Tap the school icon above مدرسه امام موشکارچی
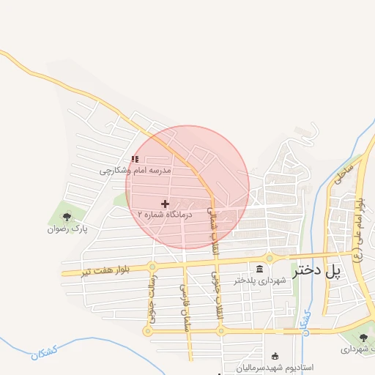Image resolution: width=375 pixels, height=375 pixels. click(x=134, y=159)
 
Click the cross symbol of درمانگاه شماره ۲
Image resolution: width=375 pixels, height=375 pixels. click(x=165, y=204)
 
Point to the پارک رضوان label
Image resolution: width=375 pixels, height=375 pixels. click(x=67, y=229)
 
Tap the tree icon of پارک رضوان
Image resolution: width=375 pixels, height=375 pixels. click(x=67, y=217)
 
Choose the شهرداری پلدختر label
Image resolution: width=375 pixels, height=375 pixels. click(x=258, y=280)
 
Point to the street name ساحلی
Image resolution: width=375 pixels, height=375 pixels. click(x=344, y=172)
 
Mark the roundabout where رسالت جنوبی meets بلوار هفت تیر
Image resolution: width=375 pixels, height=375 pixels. click(x=152, y=267)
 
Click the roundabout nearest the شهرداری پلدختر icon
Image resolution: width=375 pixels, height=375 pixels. click(x=270, y=258)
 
